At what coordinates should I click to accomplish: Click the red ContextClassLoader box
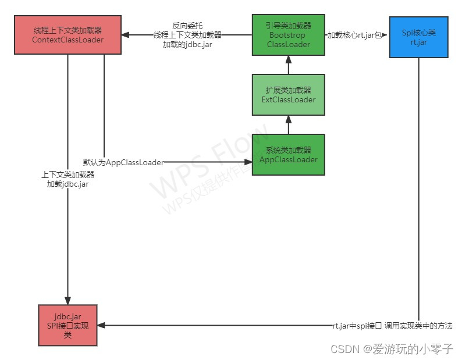(x=67, y=35)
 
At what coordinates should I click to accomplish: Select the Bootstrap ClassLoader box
(x=287, y=35)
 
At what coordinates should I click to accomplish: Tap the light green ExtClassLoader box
(x=288, y=95)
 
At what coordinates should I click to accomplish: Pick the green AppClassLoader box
(x=288, y=155)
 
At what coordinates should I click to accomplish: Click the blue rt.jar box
(x=418, y=37)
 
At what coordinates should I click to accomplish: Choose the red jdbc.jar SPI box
(x=67, y=326)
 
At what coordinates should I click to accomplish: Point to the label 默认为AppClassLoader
(x=123, y=162)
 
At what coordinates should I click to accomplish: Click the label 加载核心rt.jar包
(x=354, y=34)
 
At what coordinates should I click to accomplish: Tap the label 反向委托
(x=187, y=26)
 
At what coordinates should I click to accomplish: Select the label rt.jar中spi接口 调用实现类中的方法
(x=392, y=326)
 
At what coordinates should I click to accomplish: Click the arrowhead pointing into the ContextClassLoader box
(x=126, y=35)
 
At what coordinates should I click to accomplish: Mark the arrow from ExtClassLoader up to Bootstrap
(x=288, y=65)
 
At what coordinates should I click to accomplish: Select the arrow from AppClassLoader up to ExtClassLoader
(x=288, y=124)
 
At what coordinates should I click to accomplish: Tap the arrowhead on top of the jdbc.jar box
(x=68, y=301)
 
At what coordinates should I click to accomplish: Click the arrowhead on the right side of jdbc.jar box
(x=101, y=326)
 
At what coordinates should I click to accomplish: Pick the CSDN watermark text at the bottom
(x=392, y=349)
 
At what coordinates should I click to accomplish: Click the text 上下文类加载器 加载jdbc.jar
(x=67, y=179)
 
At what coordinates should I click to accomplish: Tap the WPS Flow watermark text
(x=204, y=166)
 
